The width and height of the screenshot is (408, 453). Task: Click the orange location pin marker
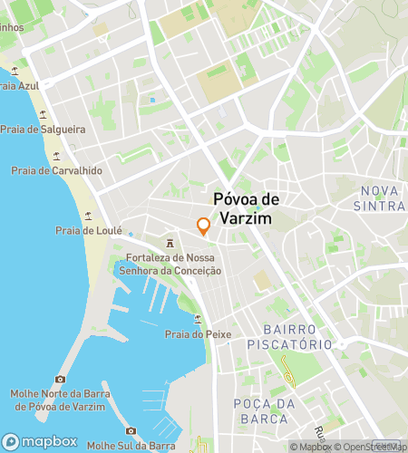click(204, 226)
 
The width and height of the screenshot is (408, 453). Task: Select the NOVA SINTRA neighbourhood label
click(382, 198)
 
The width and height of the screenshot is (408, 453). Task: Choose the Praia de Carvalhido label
click(56, 170)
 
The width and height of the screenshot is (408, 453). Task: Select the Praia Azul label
click(22, 86)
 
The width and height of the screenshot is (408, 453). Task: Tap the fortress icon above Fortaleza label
click(170, 242)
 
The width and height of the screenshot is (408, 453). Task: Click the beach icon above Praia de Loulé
click(88, 216)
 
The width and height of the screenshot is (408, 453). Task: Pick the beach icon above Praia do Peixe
click(199, 319)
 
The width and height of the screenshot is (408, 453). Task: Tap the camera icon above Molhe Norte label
click(61, 379)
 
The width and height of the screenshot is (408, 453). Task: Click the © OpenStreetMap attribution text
click(371, 447)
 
